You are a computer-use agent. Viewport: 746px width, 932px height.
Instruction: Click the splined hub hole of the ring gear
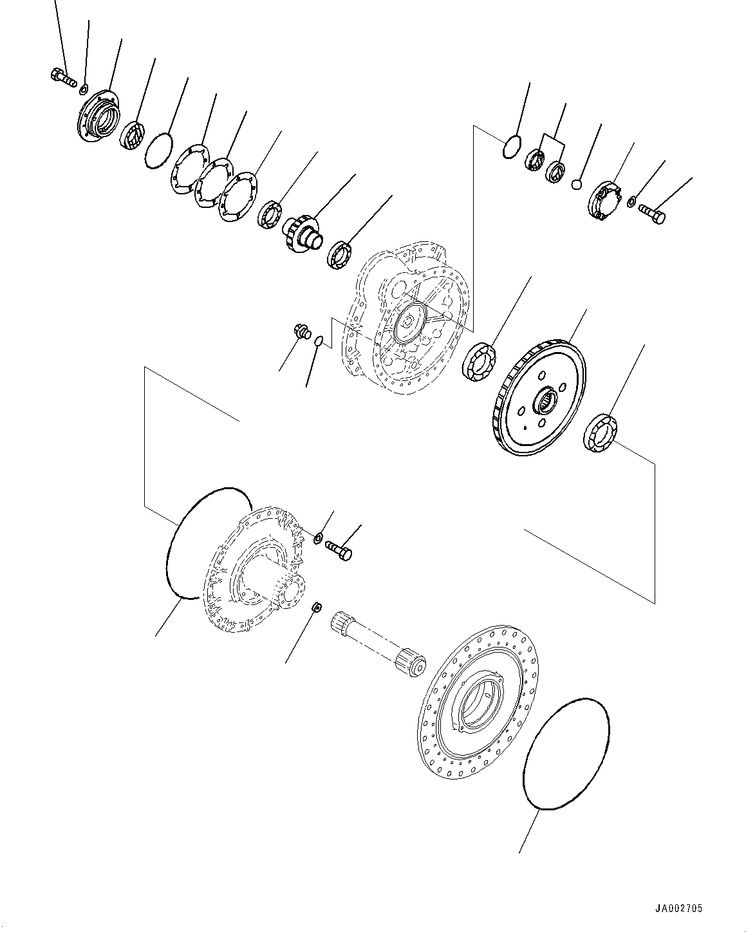pyautogui.click(x=545, y=402)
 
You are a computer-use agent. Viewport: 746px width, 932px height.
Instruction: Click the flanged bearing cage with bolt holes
pyautogui.click(x=98, y=116)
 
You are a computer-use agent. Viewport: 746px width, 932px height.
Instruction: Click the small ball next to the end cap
pyautogui.click(x=577, y=185)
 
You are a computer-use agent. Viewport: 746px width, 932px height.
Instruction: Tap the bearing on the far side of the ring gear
pyautogui.click(x=601, y=432)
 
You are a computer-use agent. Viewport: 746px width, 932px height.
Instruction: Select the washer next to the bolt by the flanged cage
pyautogui.click(x=84, y=87)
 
